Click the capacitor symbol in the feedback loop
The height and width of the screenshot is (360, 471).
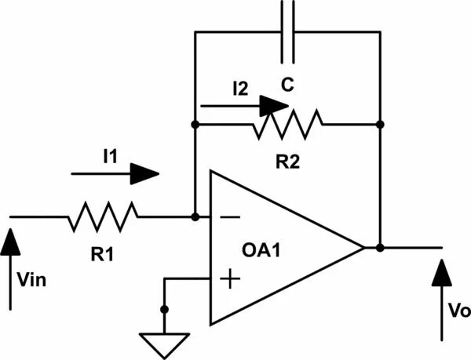coord(288,31)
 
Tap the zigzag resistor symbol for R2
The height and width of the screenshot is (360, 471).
coord(287,124)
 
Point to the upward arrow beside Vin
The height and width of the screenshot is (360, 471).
coord(11,267)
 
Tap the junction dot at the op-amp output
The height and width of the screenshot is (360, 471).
coord(379,248)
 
